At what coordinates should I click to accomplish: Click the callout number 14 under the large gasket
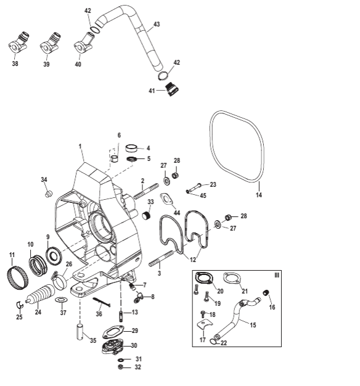tap(259, 195)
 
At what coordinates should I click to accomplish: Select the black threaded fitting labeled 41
tap(172, 90)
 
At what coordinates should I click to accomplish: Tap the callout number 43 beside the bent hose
tap(157, 24)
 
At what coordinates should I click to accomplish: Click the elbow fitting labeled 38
tap(18, 43)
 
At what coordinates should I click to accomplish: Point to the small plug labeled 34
tap(49, 194)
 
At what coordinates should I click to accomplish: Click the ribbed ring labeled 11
tap(17, 277)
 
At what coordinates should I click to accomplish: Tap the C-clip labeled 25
tap(20, 305)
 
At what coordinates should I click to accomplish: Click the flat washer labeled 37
tap(60, 300)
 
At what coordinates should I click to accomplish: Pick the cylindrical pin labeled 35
tap(80, 332)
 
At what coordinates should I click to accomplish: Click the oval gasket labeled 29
tap(113, 332)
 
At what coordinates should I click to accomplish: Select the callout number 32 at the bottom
tap(138, 368)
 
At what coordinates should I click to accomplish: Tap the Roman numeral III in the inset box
tap(277, 275)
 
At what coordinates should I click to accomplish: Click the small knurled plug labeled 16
tap(266, 293)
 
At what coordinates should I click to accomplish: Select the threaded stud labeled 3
tap(162, 258)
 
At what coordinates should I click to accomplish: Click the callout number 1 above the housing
tap(80, 146)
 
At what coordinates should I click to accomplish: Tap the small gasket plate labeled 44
tap(166, 199)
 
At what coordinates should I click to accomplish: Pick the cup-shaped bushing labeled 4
tap(132, 148)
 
